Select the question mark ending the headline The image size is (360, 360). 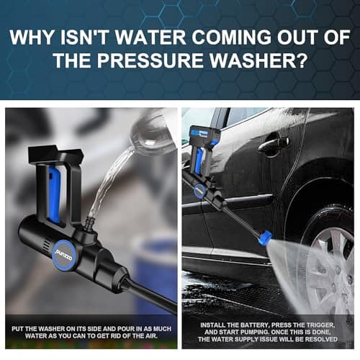coord(302,60)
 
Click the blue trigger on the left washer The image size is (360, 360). coord(54,194)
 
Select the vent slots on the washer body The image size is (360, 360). coord(47,246)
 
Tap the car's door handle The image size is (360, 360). coord(274,143)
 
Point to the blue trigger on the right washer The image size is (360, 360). coord(199,160)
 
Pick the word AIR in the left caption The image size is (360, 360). coord(152,336)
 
